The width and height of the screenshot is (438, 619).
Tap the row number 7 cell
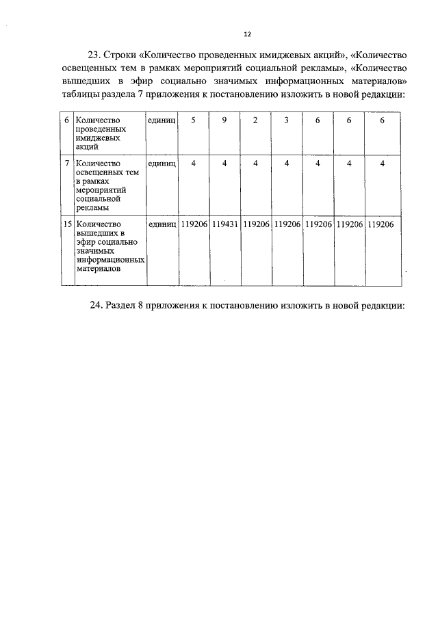66,163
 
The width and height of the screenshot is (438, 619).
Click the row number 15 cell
67,224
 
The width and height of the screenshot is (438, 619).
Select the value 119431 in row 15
224,224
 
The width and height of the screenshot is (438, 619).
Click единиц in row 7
162,163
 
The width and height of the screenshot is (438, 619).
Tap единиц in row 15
162,224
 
